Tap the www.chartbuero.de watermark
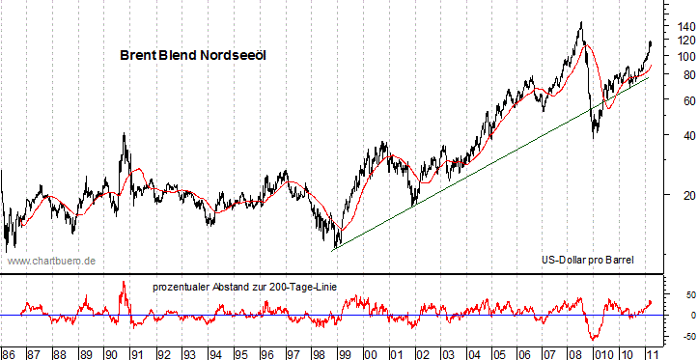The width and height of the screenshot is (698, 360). (x=51, y=261)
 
